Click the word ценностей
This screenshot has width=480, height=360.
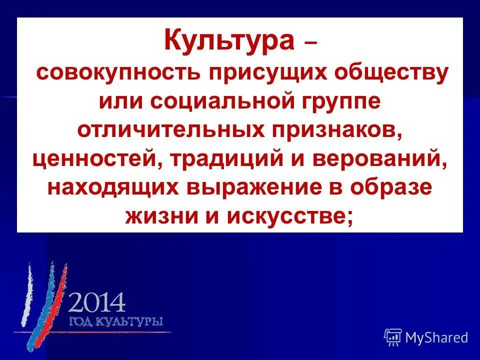pyautogui.click(x=98, y=159)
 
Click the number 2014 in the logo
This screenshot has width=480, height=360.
pyautogui.click(x=96, y=302)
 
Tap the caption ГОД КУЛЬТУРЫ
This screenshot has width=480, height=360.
pyautogui.click(x=115, y=321)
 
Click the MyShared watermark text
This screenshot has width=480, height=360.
pyautogui.click(x=436, y=338)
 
